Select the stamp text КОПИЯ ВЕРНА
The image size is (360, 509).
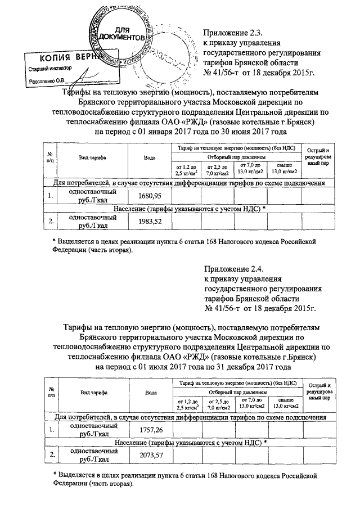pos(65,58)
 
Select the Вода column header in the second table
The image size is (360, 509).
pos(150,393)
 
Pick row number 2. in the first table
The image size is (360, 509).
pos(51,221)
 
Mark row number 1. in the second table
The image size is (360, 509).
pos(51,430)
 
